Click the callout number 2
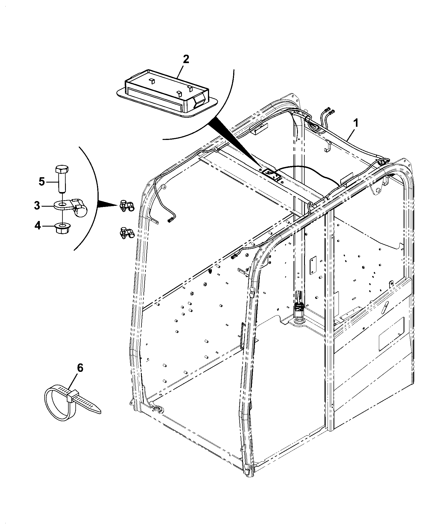pos(186,59)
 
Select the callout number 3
pos(37,206)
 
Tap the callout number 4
pos(37,225)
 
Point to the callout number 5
pos(41,182)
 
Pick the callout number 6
pos(80,368)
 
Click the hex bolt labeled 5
pos(61,179)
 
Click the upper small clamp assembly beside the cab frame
pos(127,206)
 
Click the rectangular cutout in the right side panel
pos(391,334)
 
